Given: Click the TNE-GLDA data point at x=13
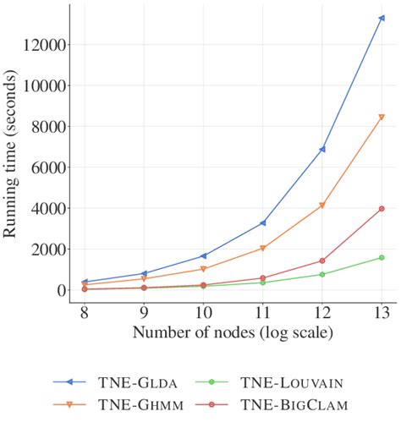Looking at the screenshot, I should coord(382,18).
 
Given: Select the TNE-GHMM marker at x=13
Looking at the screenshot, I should coord(382,118).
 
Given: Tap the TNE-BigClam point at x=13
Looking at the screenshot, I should coord(382,208).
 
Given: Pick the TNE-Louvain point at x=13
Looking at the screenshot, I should coord(382,257).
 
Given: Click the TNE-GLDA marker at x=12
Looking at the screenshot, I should coord(322,149).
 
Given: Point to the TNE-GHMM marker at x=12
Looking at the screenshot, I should coord(322,206).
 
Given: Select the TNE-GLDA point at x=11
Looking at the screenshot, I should coord(263,222).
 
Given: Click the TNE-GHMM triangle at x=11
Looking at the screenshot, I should coord(263,248).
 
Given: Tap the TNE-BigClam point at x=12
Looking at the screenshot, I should coord(322,261).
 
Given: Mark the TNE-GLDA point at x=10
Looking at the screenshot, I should coord(203,255).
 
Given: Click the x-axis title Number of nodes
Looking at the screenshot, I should coord(233,332).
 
